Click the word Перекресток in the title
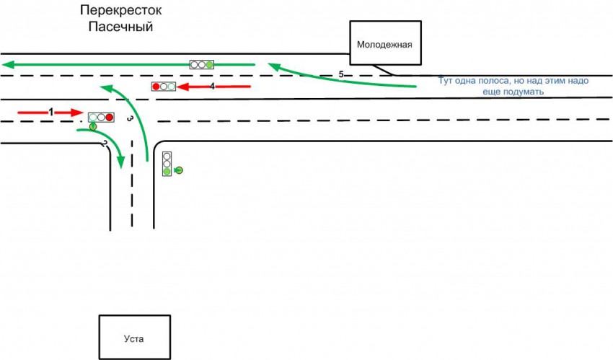tap(120, 11)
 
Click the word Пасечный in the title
tap(121, 27)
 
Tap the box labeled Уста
tap(135, 337)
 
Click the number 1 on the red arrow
tap(50, 111)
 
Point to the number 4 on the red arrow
tap(212, 86)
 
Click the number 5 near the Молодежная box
tap(341, 74)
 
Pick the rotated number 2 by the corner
tap(105, 144)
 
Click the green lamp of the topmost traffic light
tap(210, 64)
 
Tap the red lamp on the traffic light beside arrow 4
tap(156, 87)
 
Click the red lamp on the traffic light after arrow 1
tap(110, 116)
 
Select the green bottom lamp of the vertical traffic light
tap(167, 172)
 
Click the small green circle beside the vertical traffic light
tap(179, 170)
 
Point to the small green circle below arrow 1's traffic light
tap(93, 127)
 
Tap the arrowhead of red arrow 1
tap(79, 112)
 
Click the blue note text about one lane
tap(513, 87)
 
